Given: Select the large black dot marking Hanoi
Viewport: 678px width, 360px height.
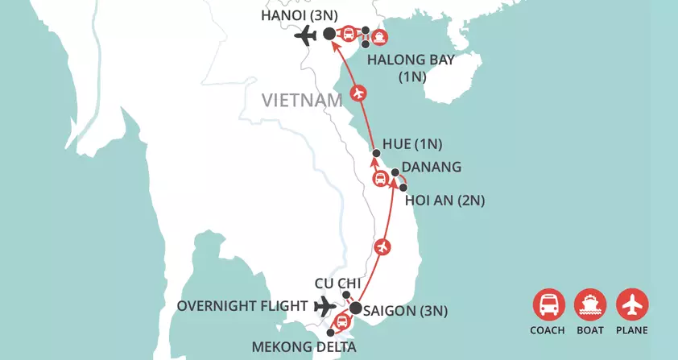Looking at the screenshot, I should coord(329,35).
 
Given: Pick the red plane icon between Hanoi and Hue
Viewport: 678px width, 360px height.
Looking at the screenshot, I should coord(358,94).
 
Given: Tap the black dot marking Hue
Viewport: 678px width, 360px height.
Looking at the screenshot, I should coord(376,153).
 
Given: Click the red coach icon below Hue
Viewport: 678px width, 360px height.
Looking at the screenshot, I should coord(380,179).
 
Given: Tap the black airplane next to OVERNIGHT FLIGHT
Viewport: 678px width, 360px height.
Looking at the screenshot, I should coord(325,306).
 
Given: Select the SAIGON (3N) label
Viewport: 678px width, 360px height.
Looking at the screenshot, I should coord(407,310).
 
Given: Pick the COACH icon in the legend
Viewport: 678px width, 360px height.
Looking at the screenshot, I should coord(548,304).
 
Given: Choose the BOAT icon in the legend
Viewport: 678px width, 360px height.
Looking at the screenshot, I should coord(590,304).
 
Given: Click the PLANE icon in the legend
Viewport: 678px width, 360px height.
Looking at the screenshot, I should coord(632,304).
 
